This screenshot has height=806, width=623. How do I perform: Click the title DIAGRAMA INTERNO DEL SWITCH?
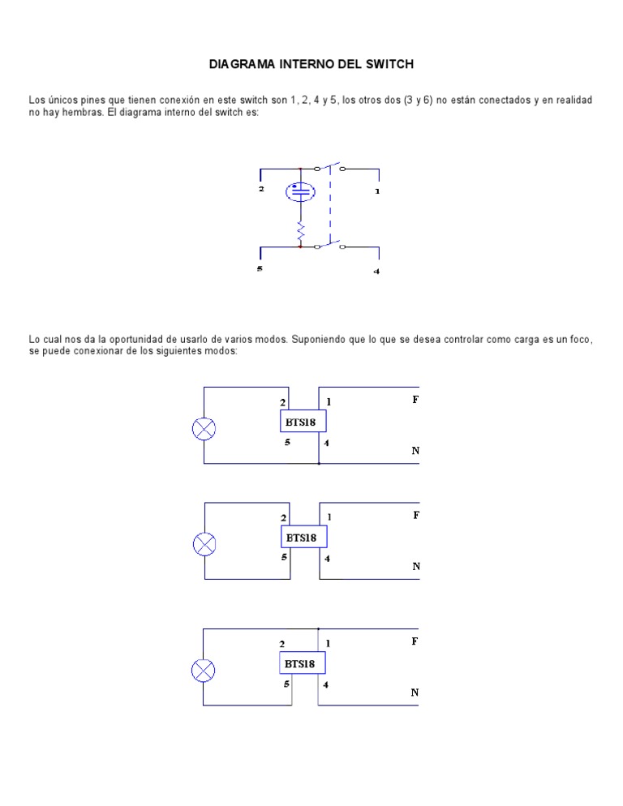coord(311,62)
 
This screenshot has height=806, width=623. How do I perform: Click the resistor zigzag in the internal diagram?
coord(300,231)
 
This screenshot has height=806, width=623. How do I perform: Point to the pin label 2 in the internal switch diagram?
coord(261,189)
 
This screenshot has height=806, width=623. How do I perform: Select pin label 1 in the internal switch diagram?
coord(376,192)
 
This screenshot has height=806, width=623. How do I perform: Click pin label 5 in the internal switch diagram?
coord(260,268)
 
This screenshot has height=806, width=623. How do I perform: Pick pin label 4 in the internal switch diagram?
coord(376,272)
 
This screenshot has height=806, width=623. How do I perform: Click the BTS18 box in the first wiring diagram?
coord(303,421)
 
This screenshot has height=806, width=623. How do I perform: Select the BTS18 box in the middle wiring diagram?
coord(303,536)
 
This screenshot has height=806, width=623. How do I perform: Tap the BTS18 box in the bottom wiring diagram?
coord(303,663)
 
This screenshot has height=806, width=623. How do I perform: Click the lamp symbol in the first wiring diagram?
coord(204,428)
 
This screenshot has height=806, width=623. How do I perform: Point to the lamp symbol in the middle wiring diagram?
coord(204,544)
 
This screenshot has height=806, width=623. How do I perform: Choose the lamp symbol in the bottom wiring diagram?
coord(203,671)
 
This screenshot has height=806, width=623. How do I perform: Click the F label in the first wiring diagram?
coord(415,400)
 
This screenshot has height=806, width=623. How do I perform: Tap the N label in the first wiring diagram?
coord(415,450)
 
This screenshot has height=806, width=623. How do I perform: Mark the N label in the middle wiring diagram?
coord(415,567)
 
